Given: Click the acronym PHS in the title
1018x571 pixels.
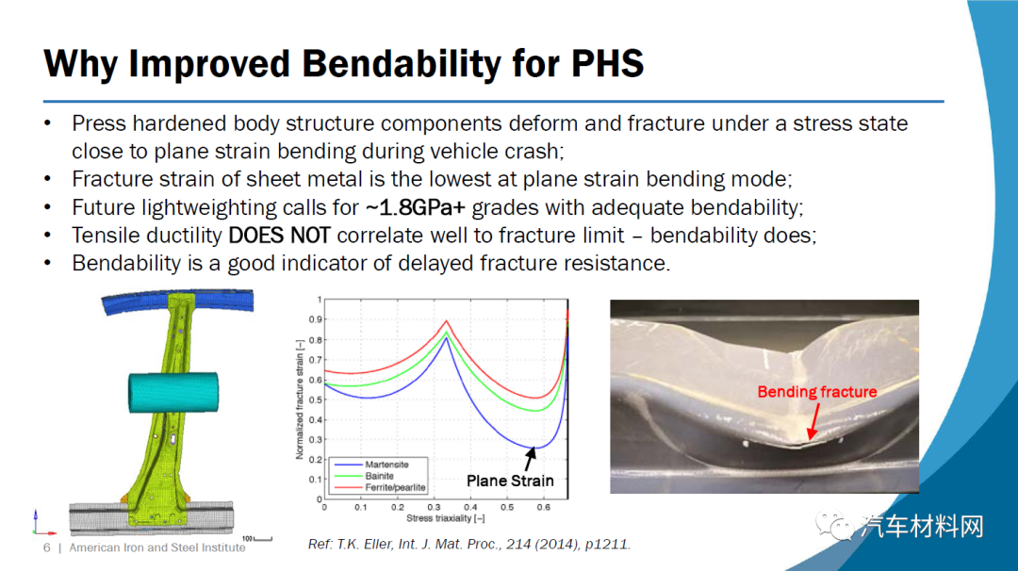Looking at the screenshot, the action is pos(606,63).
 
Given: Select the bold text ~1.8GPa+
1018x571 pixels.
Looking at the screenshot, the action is pos(416,207).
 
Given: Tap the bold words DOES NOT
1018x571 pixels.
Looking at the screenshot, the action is pos(279,236).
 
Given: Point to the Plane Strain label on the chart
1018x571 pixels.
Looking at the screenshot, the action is pos(510,481).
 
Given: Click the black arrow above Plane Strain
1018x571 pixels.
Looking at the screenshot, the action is pos(530,460).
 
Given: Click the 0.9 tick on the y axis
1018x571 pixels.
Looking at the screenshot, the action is pos(315,319).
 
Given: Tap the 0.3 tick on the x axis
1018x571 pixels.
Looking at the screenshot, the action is pos(434,508).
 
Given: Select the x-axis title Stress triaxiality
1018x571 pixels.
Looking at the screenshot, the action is pos(445,518).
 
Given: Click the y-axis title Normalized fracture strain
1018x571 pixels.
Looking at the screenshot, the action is pos(300,400).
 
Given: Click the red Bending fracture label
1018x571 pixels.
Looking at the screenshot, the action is pos(816,392).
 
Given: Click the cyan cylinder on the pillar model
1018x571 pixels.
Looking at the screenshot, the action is pos(173,392).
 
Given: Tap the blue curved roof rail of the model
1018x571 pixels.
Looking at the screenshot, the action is pos(177,302).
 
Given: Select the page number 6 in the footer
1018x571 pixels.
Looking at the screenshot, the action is pos(47,547).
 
